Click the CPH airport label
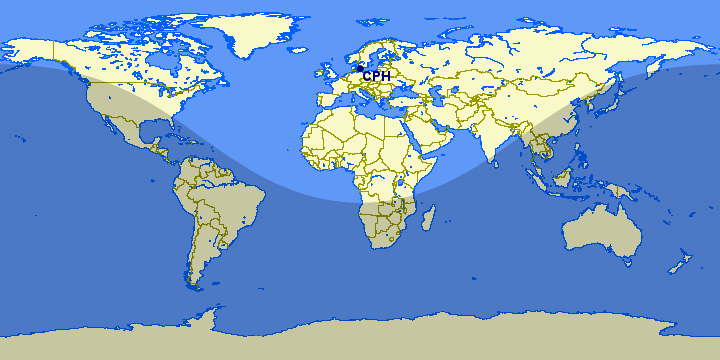pos(376,76)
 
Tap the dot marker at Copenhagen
pos(358,68)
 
